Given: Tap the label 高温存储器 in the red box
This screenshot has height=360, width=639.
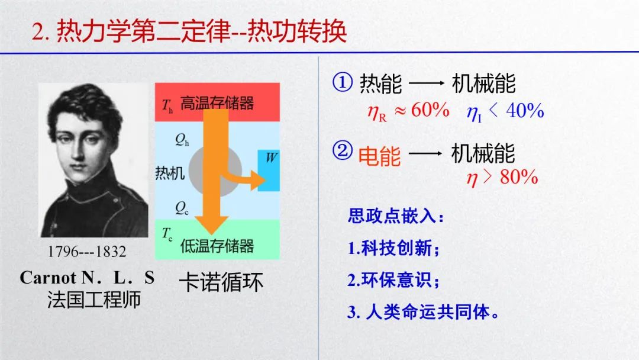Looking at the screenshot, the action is [217, 103].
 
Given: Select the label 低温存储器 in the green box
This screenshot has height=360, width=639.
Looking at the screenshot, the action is [217, 246].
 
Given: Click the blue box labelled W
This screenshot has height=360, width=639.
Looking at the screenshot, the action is [269, 171].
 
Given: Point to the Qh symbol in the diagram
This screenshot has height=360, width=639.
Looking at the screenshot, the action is [182, 140].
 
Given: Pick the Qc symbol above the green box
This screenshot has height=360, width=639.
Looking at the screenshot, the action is [182, 208].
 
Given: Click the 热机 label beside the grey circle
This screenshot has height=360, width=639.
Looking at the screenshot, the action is [170, 173].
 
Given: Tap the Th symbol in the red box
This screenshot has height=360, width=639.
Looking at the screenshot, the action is [167, 105].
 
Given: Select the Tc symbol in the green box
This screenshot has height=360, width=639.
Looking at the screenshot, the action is [167, 234].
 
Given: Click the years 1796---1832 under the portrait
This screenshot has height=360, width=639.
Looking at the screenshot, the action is [87, 252].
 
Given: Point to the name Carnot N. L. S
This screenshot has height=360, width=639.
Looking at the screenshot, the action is [87, 278].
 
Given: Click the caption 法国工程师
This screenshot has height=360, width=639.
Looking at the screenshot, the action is [93, 299].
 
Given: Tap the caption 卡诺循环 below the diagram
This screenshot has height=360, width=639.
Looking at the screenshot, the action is [221, 282].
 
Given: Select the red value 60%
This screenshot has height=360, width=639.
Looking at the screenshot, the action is [430, 110].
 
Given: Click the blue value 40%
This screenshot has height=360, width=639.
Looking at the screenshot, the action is [525, 111].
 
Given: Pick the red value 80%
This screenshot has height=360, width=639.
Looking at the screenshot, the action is [519, 177].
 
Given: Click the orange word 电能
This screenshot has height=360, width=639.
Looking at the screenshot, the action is [379, 156].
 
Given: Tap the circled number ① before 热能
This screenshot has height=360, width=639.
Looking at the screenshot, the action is [343, 82].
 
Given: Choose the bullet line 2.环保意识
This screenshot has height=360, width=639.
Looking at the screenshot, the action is [393, 280].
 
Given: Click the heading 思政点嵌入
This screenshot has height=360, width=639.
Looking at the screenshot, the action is [395, 216].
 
